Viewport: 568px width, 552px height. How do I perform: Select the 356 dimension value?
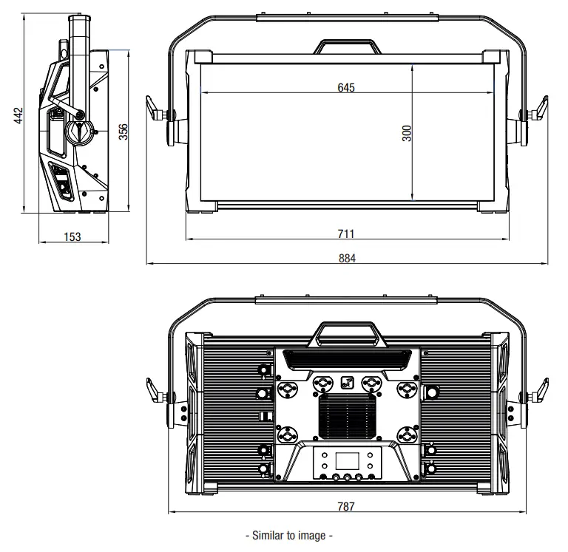pyautogui.click(x=124, y=131)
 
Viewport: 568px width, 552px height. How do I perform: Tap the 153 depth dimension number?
pyautogui.click(x=72, y=236)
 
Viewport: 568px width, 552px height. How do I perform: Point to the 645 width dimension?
pyautogui.click(x=346, y=88)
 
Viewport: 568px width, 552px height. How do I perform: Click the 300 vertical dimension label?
pyautogui.click(x=406, y=133)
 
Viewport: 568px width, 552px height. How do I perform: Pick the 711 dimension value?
pyautogui.click(x=346, y=234)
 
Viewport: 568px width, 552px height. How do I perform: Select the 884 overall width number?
pyautogui.click(x=346, y=258)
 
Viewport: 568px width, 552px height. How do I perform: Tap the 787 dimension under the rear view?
pyautogui.click(x=346, y=506)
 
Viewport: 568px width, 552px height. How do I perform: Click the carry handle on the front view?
pyautogui.click(x=346, y=45)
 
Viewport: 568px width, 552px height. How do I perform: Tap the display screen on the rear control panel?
pyautogui.click(x=346, y=462)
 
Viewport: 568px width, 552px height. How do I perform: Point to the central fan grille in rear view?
pyautogui.click(x=346, y=418)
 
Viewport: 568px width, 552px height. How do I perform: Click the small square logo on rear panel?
pyautogui.click(x=346, y=383)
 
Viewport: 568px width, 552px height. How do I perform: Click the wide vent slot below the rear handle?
pyautogui.click(x=346, y=359)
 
